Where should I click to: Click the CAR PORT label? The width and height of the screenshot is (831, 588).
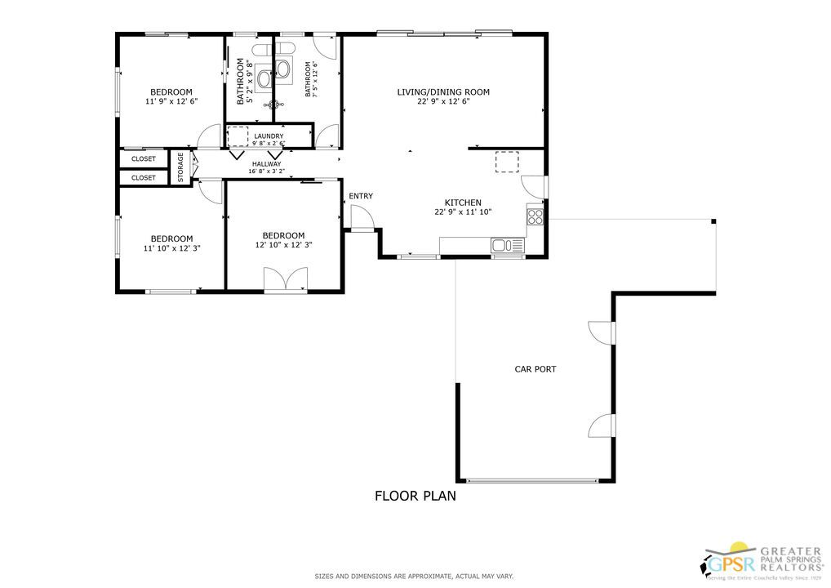[x=535, y=369]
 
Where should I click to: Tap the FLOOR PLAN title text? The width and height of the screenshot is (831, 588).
[x=415, y=495]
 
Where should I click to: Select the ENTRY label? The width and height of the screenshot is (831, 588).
[x=361, y=196]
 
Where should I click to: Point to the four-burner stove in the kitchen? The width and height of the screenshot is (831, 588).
[x=535, y=216]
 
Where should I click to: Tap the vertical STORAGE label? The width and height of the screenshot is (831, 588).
[x=180, y=167]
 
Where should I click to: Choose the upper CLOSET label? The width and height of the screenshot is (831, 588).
[x=144, y=158]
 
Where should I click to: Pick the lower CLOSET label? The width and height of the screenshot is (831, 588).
[x=144, y=177]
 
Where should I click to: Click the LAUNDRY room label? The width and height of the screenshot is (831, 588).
[x=269, y=136]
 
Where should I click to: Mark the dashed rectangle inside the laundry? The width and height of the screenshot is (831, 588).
[x=238, y=136]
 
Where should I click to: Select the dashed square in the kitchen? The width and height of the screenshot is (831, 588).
[x=507, y=163]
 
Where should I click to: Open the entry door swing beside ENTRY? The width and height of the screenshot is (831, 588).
[x=361, y=217]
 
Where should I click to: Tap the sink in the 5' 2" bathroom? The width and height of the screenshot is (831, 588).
[x=264, y=78]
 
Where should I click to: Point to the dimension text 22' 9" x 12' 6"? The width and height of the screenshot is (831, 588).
[x=443, y=102]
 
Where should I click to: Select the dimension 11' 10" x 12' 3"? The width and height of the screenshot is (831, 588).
[x=171, y=248]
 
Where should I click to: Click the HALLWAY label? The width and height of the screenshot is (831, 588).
[x=266, y=163]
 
